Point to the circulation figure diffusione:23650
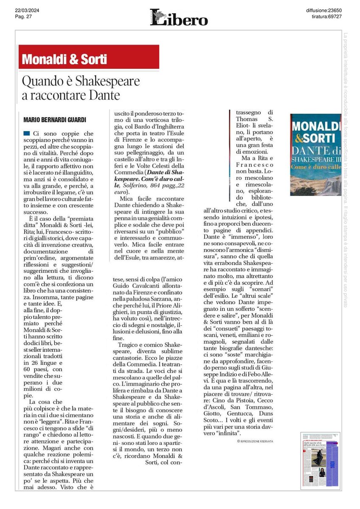click(324, 10)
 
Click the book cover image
click(315, 154)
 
